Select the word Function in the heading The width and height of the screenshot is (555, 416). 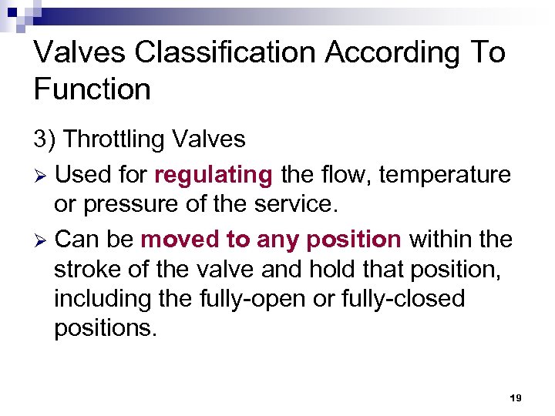92,89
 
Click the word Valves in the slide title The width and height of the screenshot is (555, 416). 74,52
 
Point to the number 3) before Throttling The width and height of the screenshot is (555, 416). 45,139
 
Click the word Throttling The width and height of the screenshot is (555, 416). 114,139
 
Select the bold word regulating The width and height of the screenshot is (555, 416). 214,176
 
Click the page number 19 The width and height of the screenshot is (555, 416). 516,398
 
